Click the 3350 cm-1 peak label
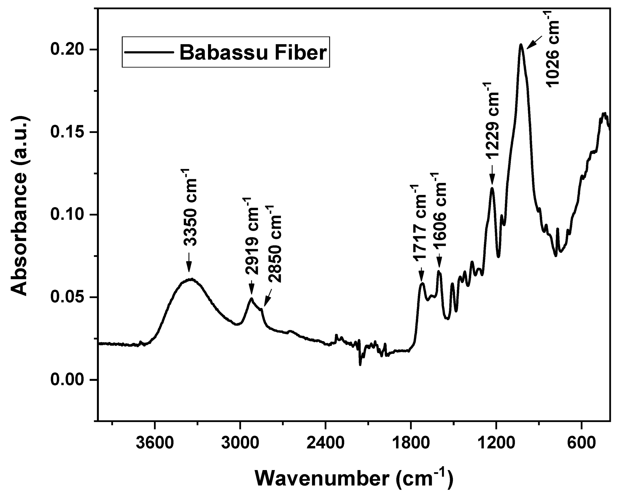coord(189,208)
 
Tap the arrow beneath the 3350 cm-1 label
coord(189,262)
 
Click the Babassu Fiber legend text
coord(253,52)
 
